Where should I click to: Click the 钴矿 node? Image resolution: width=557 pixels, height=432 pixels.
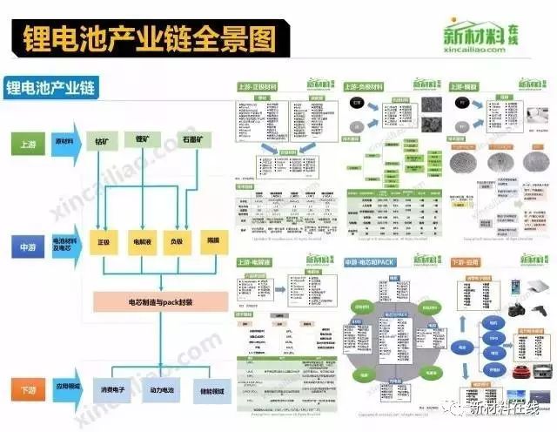pos(104,140)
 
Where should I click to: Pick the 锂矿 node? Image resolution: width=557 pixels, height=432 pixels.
pos(142,140)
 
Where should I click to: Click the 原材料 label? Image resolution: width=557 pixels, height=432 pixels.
pos(64,139)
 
